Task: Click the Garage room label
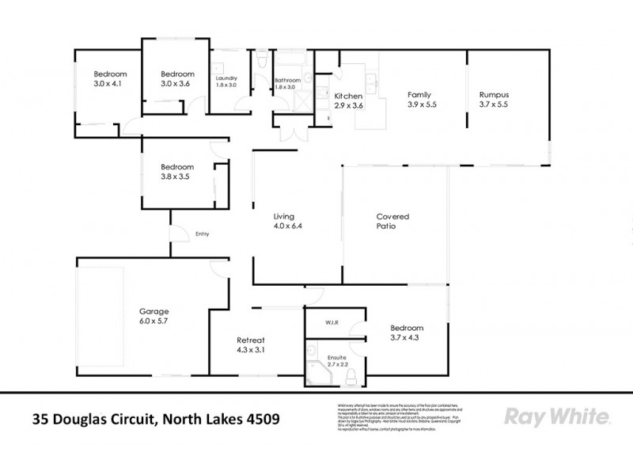click(x=154, y=311)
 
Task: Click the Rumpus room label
click(x=495, y=94)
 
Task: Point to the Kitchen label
click(x=348, y=95)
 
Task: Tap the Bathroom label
click(x=287, y=81)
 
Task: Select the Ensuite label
click(x=336, y=359)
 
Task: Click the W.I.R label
click(x=332, y=323)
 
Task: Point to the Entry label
click(x=202, y=234)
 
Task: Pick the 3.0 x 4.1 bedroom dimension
click(x=110, y=83)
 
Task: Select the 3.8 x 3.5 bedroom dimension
click(x=176, y=177)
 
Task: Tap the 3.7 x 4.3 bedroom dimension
click(x=407, y=338)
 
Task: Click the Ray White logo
click(x=556, y=416)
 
